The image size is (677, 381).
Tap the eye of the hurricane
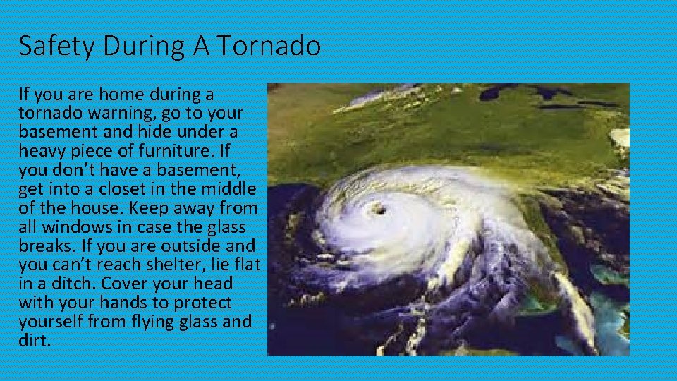pos(378,208)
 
